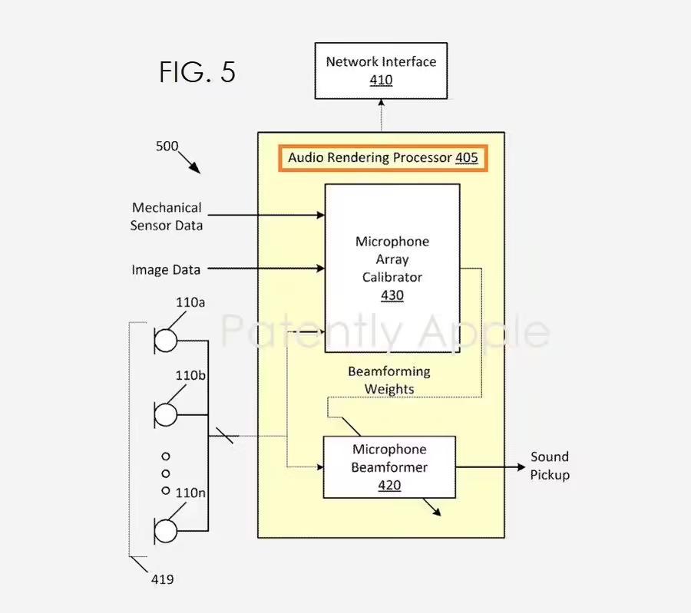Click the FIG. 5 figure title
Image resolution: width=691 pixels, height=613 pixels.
click(197, 72)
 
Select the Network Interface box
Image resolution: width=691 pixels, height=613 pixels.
click(381, 71)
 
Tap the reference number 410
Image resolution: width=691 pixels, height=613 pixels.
click(381, 81)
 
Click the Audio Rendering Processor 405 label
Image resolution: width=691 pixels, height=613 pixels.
click(382, 158)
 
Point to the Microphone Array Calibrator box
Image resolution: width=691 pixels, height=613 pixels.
click(392, 267)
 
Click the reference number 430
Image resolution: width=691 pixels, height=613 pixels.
click(392, 295)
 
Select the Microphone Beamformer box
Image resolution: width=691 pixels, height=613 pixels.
click(389, 466)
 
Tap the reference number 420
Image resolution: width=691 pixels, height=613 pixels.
click(389, 485)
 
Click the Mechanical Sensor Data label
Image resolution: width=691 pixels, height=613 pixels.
click(167, 216)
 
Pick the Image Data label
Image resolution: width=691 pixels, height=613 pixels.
click(166, 269)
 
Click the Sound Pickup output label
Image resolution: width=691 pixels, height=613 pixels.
click(550, 466)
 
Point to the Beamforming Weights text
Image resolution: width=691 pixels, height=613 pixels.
click(389, 381)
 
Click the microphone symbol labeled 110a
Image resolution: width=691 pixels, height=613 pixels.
click(166, 339)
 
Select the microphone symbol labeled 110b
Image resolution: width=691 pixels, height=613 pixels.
click(166, 414)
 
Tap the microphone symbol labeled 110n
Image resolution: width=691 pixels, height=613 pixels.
click(166, 530)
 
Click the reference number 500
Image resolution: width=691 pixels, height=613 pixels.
click(167, 146)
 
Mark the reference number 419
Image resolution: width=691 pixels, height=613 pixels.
click(162, 579)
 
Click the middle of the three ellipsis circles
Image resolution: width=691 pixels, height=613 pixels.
click(166, 473)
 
